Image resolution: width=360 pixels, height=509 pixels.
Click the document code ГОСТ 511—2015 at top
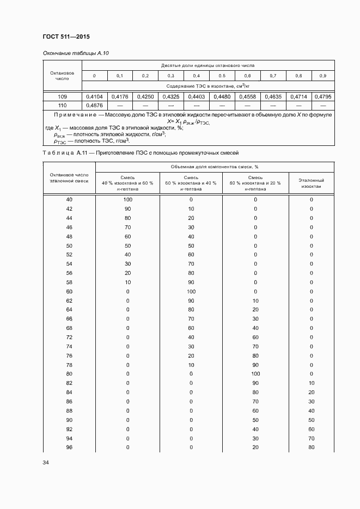66,36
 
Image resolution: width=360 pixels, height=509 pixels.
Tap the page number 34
46,463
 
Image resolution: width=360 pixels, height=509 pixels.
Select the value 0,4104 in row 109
94,96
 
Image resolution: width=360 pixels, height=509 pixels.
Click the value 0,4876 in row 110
94,105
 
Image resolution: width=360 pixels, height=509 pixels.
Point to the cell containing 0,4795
322,96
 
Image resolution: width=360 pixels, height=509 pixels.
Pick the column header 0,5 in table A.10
222,75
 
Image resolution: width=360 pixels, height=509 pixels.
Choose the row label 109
62,96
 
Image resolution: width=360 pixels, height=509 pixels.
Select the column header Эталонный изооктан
312,183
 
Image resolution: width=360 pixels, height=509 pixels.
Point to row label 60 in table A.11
69,292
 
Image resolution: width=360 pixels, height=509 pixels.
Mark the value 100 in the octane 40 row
127,199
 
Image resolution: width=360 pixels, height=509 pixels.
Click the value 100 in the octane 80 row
255,374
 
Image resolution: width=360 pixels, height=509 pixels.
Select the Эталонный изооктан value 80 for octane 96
312,447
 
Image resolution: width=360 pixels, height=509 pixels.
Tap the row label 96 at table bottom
69,447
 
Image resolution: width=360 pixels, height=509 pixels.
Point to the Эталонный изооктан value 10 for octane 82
312,383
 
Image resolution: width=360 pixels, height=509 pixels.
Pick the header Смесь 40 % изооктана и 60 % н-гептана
127,183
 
